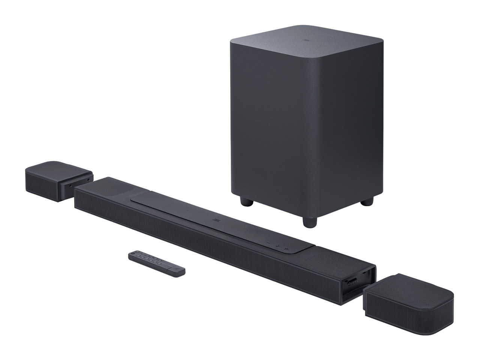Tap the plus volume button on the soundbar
point(277,246)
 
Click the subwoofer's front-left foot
point(247,203)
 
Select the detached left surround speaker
point(56,180)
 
